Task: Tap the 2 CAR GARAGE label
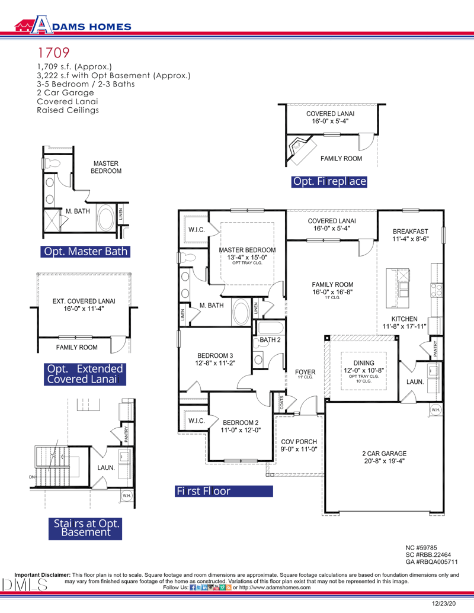click(385, 457)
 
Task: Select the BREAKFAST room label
click(410, 235)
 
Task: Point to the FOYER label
click(305, 373)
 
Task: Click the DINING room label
click(364, 366)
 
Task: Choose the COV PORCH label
click(299, 445)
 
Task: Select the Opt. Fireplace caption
click(329, 181)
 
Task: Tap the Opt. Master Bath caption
click(85, 251)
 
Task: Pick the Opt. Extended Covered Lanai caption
click(85, 374)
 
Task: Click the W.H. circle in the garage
click(435, 409)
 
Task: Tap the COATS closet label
click(281, 403)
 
